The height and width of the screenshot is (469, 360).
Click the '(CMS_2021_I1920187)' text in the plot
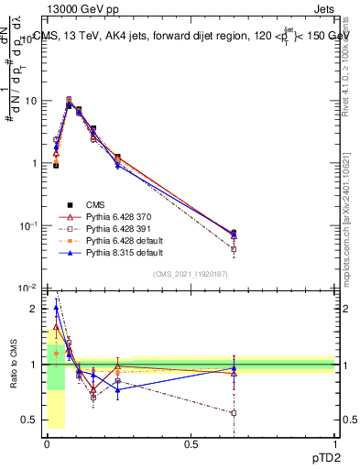pyautogui.click(x=191, y=274)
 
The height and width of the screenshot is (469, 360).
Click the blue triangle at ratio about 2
pyautogui.click(x=56, y=308)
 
